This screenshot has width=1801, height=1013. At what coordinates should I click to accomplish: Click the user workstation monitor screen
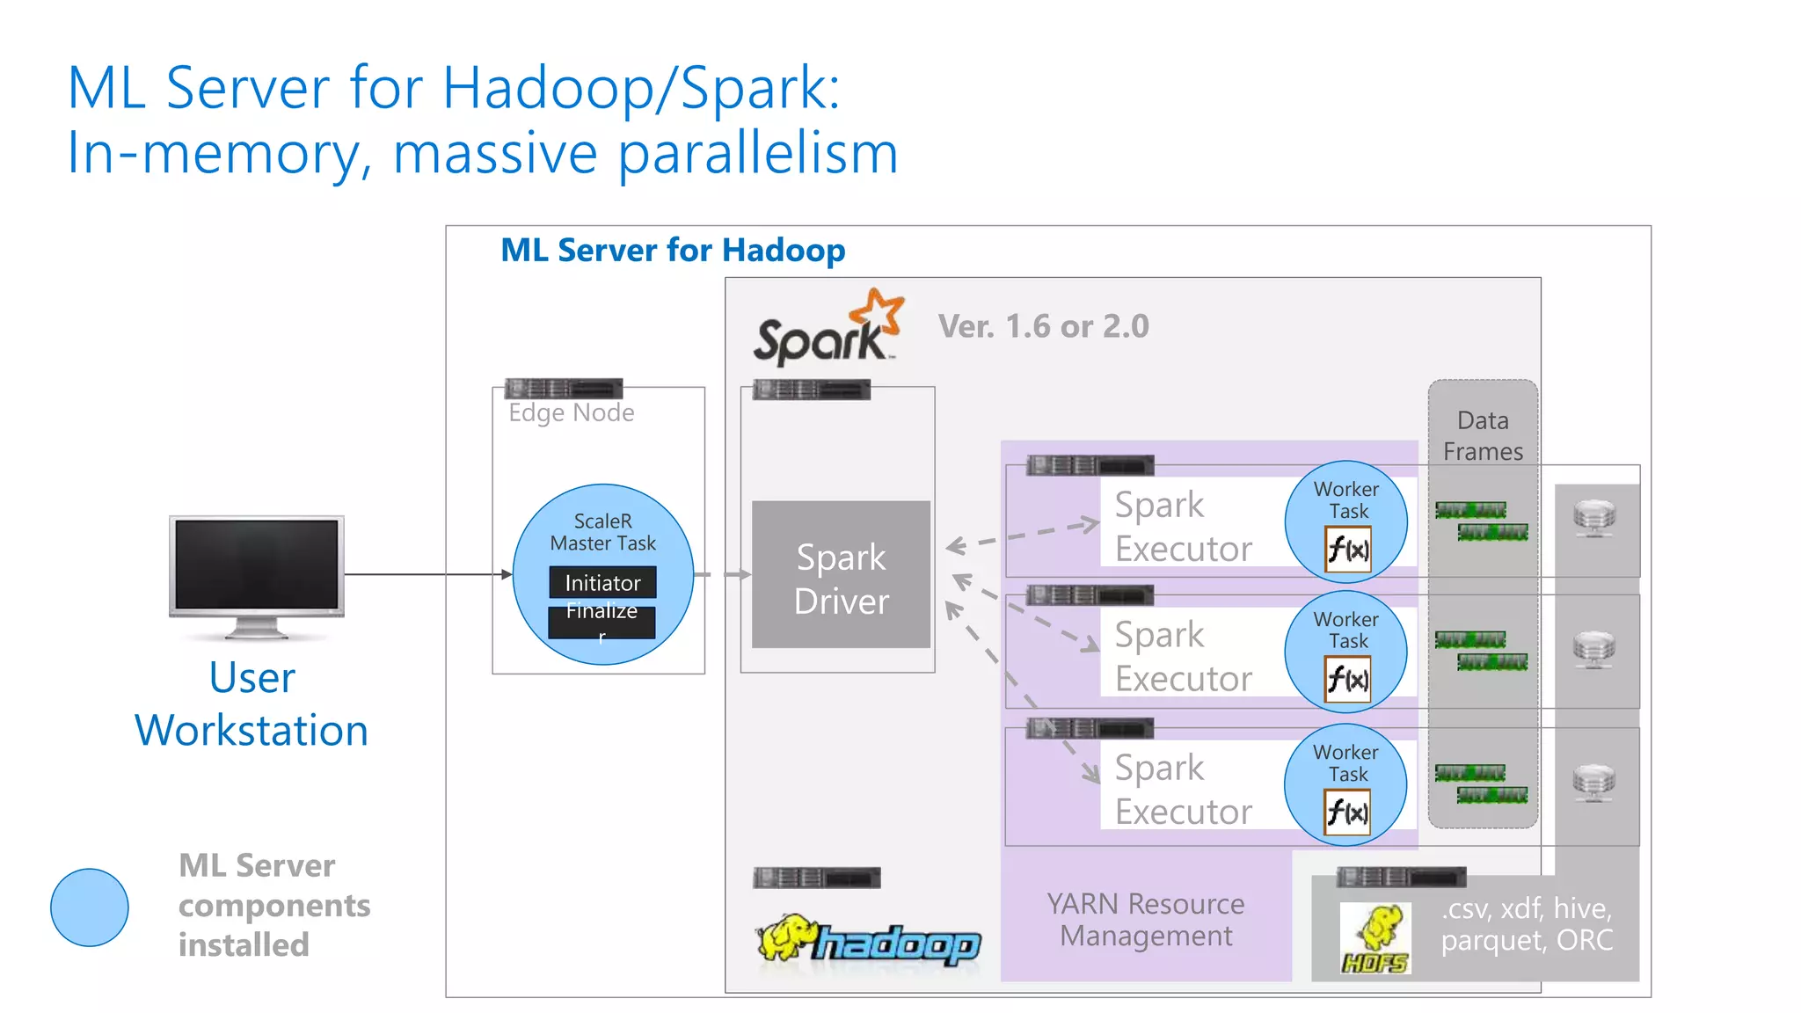click(x=256, y=564)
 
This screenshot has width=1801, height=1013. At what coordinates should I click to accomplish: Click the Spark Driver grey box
click(x=841, y=576)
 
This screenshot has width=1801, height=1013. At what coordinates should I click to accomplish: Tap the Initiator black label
click(x=602, y=583)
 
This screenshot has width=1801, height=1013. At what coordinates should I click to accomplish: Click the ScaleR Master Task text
click(x=602, y=532)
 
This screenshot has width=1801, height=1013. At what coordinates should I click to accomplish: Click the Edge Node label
click(x=571, y=412)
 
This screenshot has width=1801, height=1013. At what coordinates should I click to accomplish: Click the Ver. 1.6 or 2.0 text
click(x=1043, y=326)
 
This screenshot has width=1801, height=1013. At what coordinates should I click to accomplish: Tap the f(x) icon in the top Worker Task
click(x=1347, y=550)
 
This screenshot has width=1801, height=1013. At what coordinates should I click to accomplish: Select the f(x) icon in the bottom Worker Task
click(x=1347, y=812)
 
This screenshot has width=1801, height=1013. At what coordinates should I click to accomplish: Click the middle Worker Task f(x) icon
click(x=1347, y=680)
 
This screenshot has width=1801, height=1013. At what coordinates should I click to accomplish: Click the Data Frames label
click(x=1483, y=435)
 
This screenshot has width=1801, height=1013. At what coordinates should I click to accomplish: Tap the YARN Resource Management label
click(x=1146, y=920)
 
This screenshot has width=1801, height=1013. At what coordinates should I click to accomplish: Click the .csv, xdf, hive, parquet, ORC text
click(x=1527, y=923)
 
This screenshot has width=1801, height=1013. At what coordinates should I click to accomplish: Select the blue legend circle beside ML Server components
click(x=90, y=907)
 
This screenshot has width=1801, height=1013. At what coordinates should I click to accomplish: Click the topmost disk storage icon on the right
click(x=1594, y=518)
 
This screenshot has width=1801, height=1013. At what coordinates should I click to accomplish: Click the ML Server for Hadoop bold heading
click(x=673, y=251)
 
